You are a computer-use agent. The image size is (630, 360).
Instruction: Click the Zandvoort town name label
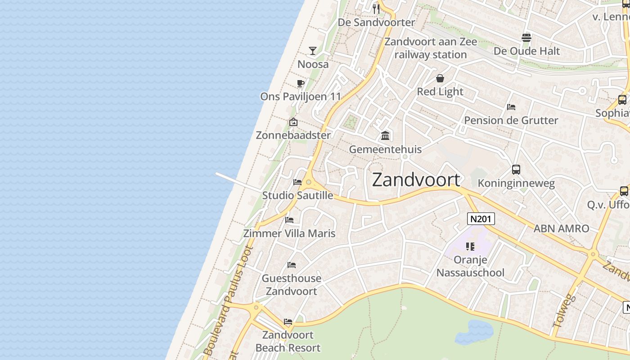pos(416,180)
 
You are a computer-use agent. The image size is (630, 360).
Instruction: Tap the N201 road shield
pos(481,219)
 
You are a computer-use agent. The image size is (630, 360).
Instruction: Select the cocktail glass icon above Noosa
pos(313,50)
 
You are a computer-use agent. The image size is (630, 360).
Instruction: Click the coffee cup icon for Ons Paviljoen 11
pos(301,83)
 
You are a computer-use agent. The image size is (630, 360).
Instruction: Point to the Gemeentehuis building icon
pos(385,135)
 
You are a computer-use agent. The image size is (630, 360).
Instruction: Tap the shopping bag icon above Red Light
pos(440,78)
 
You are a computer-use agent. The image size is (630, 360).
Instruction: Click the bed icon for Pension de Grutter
pos(511,107)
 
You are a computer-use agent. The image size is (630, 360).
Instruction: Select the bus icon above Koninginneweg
pos(516,170)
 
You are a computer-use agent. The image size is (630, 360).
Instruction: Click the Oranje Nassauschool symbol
pos(470,246)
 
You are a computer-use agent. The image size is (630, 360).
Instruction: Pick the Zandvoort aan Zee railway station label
pos(431,48)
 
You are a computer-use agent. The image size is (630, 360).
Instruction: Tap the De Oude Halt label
pos(526,51)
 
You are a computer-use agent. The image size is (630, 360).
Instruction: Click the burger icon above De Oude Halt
pos(526,38)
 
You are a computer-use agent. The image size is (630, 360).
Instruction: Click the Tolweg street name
pos(563,310)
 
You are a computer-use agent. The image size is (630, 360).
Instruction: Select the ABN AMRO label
pos(561,229)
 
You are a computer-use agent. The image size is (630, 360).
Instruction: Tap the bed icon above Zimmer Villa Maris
pos(289,220)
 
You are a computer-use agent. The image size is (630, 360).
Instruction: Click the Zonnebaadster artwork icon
pos(293,122)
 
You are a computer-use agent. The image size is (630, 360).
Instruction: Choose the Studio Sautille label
pos(297,195)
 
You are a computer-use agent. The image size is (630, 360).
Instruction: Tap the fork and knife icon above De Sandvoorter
pos(376,9)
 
